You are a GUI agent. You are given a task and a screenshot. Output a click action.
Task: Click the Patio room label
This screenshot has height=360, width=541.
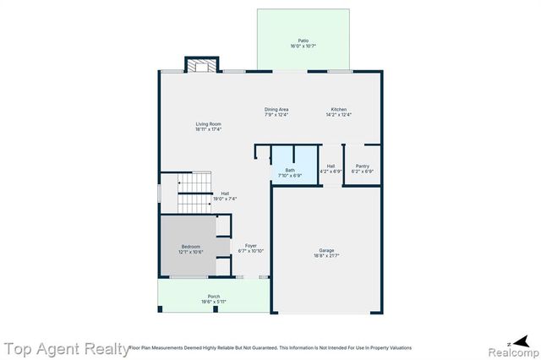(303, 41)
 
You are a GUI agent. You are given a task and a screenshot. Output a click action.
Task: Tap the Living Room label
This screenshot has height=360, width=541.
(209, 125)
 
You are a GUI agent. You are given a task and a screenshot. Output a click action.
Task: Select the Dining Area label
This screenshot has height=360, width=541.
(277, 110)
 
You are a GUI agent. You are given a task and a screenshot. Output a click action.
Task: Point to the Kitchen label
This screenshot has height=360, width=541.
(339, 110)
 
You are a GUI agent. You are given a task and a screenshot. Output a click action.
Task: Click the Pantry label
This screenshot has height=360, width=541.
(363, 166)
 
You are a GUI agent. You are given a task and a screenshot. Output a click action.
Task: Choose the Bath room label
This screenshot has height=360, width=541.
(290, 170)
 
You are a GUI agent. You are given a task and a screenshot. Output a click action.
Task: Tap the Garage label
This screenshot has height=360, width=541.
(326, 249)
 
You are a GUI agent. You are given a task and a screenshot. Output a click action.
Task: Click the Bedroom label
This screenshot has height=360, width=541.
(190, 246)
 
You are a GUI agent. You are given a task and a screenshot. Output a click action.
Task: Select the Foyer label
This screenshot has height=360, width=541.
(251, 246)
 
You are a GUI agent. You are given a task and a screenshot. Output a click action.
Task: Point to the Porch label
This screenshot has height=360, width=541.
(214, 296)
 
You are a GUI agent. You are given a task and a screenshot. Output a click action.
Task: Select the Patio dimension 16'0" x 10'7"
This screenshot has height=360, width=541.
(303, 46)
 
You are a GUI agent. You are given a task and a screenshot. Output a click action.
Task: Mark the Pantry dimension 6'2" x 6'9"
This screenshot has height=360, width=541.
(363, 171)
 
